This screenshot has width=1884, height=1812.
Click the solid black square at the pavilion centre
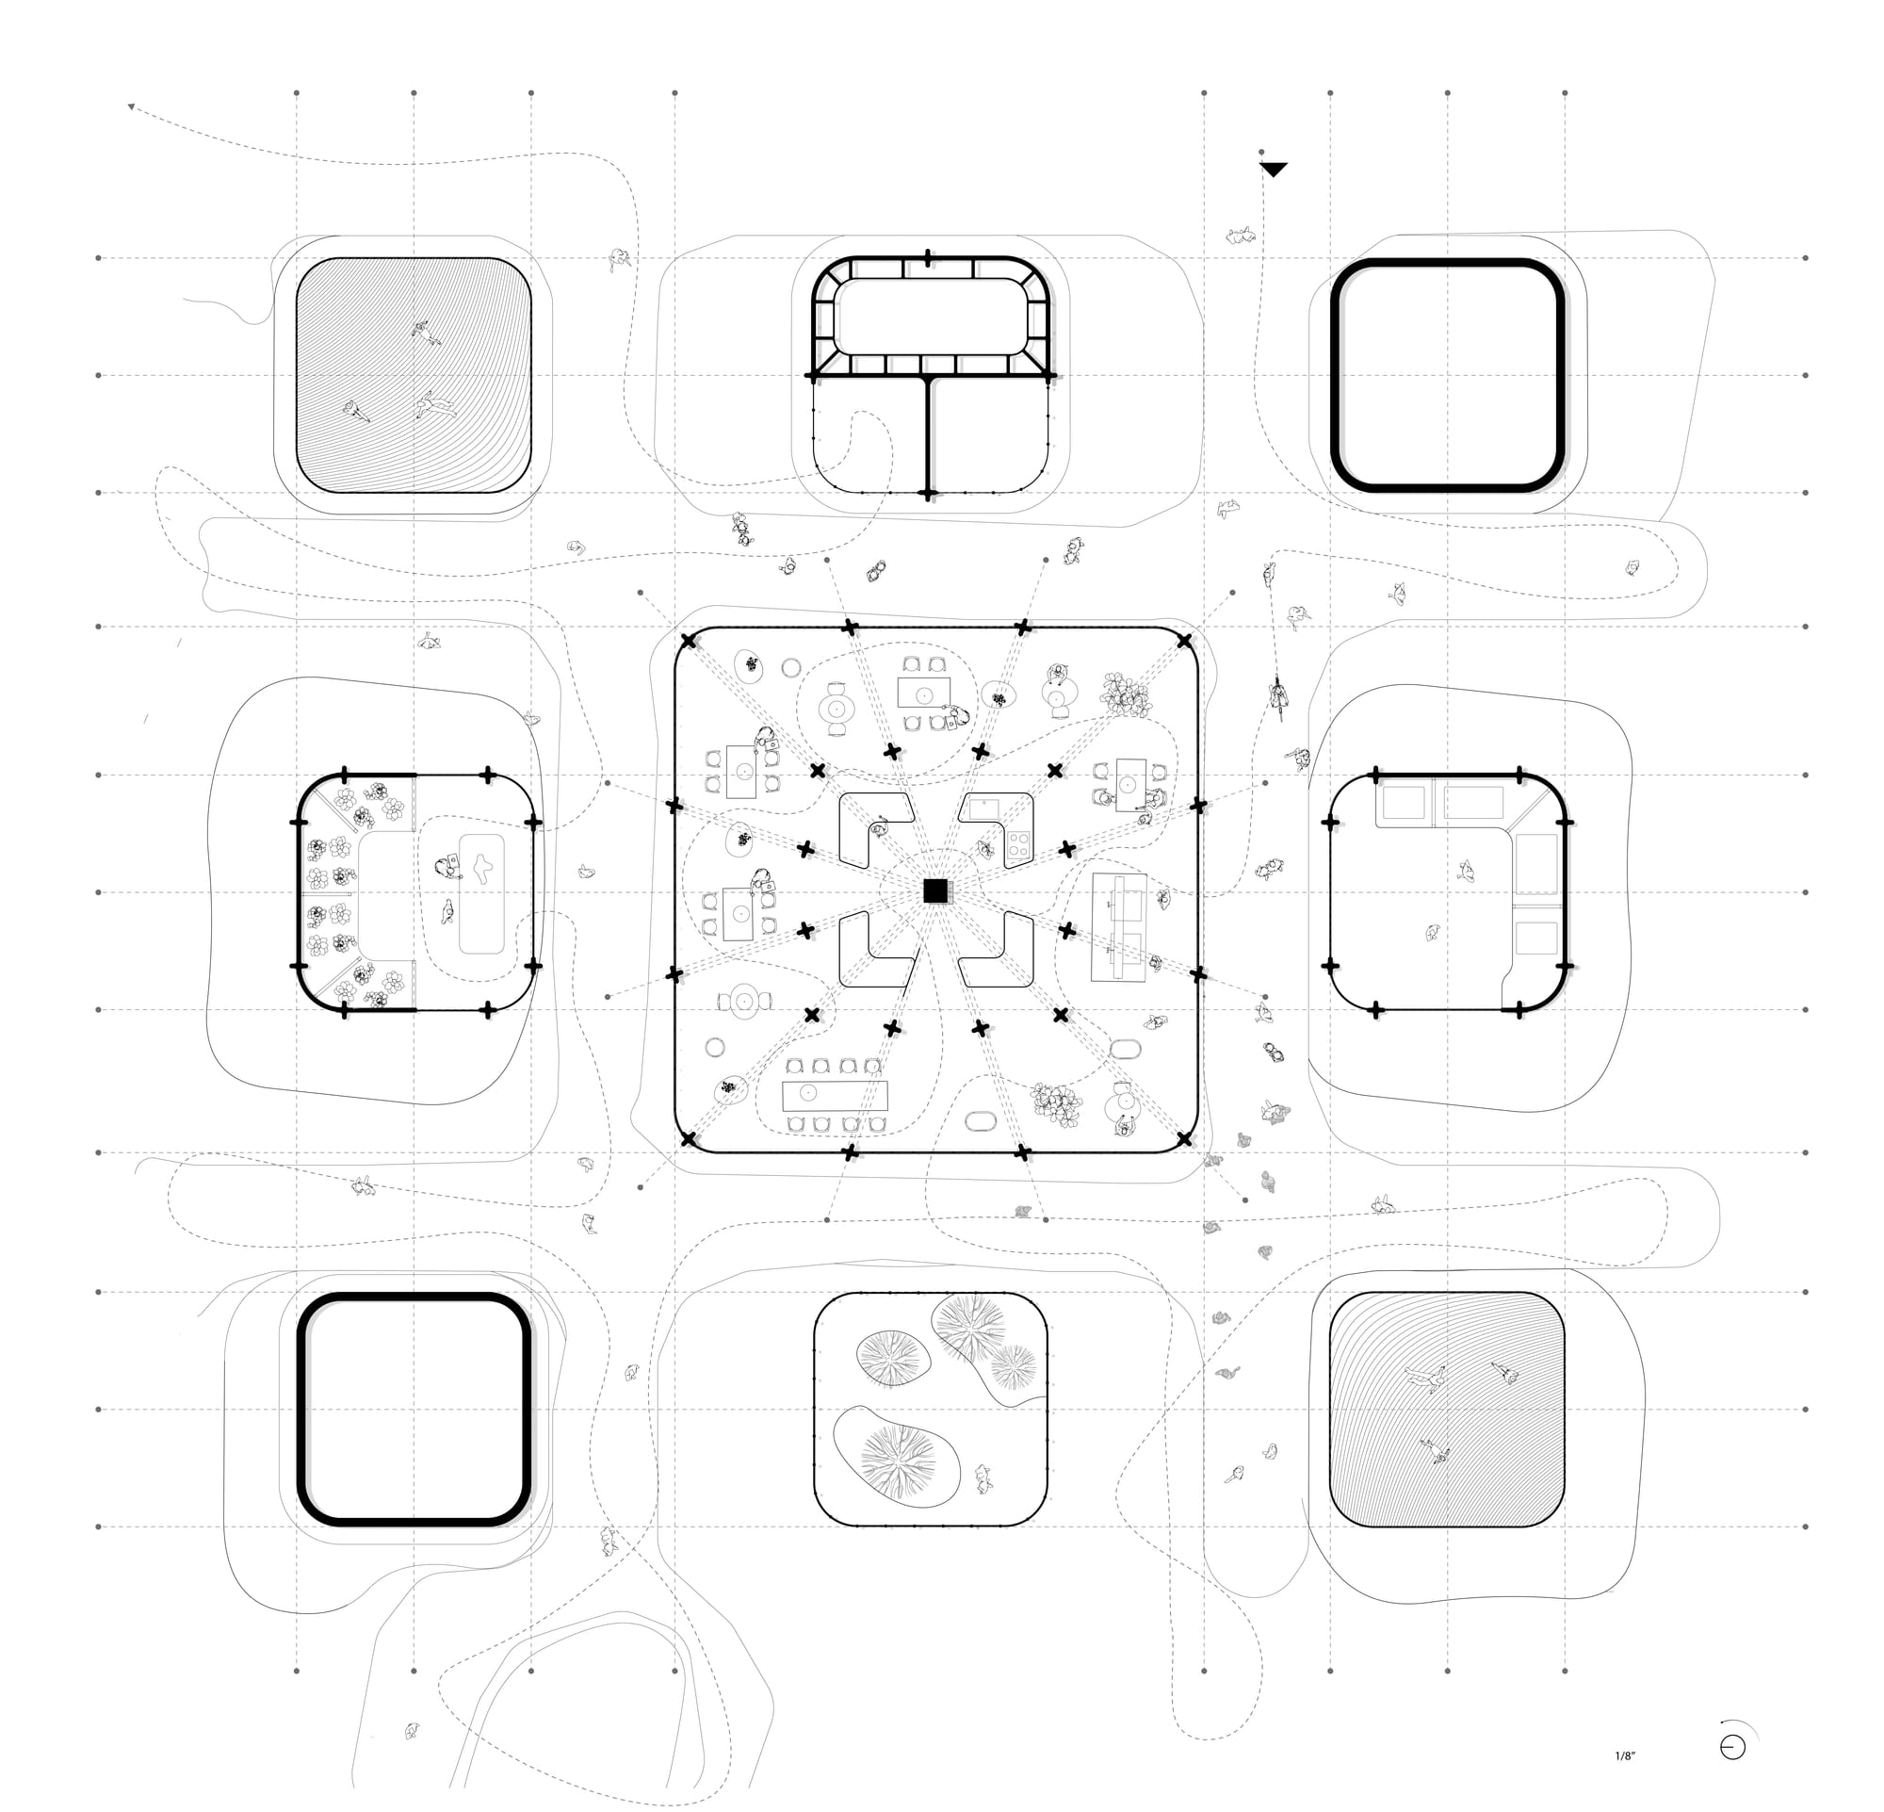pyautogui.click(x=934, y=891)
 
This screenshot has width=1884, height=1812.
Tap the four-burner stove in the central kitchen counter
pyautogui.click(x=1018, y=846)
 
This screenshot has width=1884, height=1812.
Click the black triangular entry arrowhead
pyautogui.click(x=1273, y=171)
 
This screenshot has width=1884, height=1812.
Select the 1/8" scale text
pyautogui.click(x=1624, y=1756)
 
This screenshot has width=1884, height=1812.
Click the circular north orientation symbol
pyautogui.click(x=1732, y=1747)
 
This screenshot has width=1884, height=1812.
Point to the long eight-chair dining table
pyautogui.click(x=835, y=1095)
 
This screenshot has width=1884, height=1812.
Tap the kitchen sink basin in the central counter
pyautogui.click(x=983, y=808)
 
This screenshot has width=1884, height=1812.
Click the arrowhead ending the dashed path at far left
pyautogui.click(x=132, y=106)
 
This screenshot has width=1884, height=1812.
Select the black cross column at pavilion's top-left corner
pyautogui.click(x=689, y=641)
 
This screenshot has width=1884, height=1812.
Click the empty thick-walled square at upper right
pyautogui.click(x=1447, y=376)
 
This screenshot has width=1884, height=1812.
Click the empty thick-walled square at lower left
pyautogui.click(x=414, y=1410)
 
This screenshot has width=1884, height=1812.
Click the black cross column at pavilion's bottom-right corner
pyautogui.click(x=1184, y=1139)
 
